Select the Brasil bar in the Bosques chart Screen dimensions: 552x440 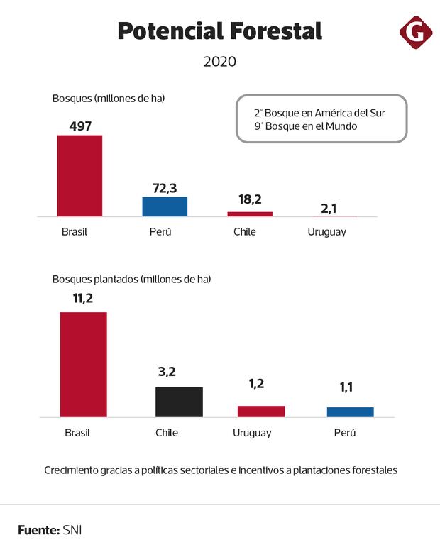(x=79, y=175)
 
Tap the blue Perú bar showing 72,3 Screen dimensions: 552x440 (x=165, y=206)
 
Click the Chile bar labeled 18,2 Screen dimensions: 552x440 (x=250, y=214)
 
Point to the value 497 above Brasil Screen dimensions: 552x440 (x=80, y=126)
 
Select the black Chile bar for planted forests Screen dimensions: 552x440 (x=179, y=402)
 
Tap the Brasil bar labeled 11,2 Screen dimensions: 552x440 (x=83, y=364)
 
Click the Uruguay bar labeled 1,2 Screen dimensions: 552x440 (x=260, y=411)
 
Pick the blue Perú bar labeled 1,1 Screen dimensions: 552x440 (x=350, y=412)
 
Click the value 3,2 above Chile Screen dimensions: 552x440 (x=167, y=371)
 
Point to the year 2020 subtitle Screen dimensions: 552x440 (x=219, y=62)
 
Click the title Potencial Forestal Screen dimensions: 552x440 (x=219, y=31)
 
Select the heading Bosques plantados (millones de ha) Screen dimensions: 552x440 (x=131, y=279)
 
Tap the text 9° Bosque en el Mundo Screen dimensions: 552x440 (x=305, y=126)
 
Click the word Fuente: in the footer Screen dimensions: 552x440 (x=38, y=529)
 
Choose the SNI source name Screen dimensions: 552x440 (x=72, y=529)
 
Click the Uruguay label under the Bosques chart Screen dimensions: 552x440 (x=327, y=232)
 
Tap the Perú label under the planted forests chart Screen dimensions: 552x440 (x=344, y=433)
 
